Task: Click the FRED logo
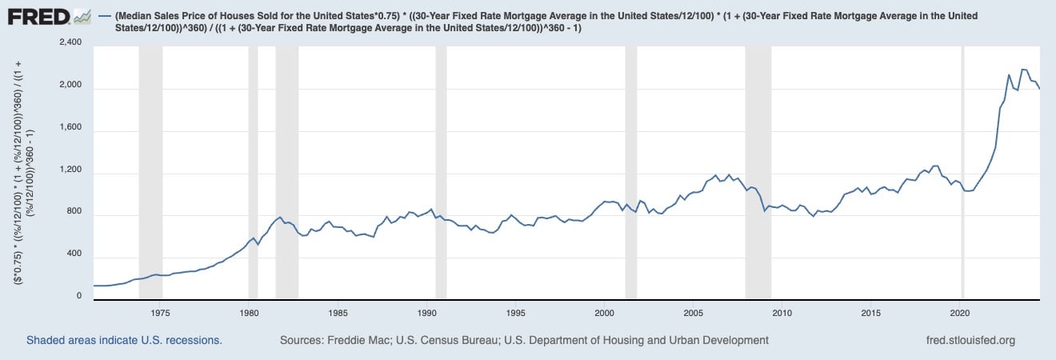[x=48, y=16]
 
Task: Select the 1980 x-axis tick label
[x=249, y=313]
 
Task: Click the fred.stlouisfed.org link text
[x=970, y=340]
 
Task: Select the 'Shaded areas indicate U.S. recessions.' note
[x=124, y=340]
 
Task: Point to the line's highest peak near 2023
[x=1024, y=70]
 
